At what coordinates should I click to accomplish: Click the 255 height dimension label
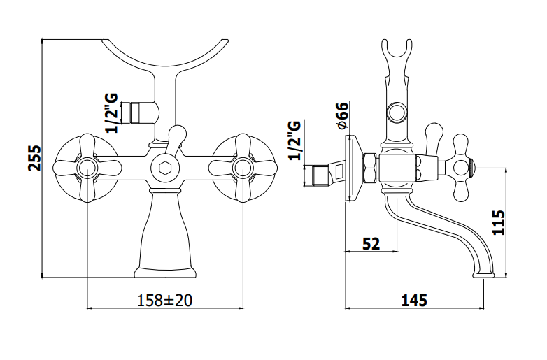coord(34,158)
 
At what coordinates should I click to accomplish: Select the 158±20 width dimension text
coord(164,300)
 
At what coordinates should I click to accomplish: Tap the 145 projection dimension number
coord(414,300)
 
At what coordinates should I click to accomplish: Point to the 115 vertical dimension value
coord(498,222)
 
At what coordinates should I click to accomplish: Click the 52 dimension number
coord(371,243)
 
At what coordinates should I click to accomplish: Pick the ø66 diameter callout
coord(343,116)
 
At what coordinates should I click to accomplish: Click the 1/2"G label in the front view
coord(112,113)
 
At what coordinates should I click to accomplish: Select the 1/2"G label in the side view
coord(294,140)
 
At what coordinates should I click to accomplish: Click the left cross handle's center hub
coord(86,168)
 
